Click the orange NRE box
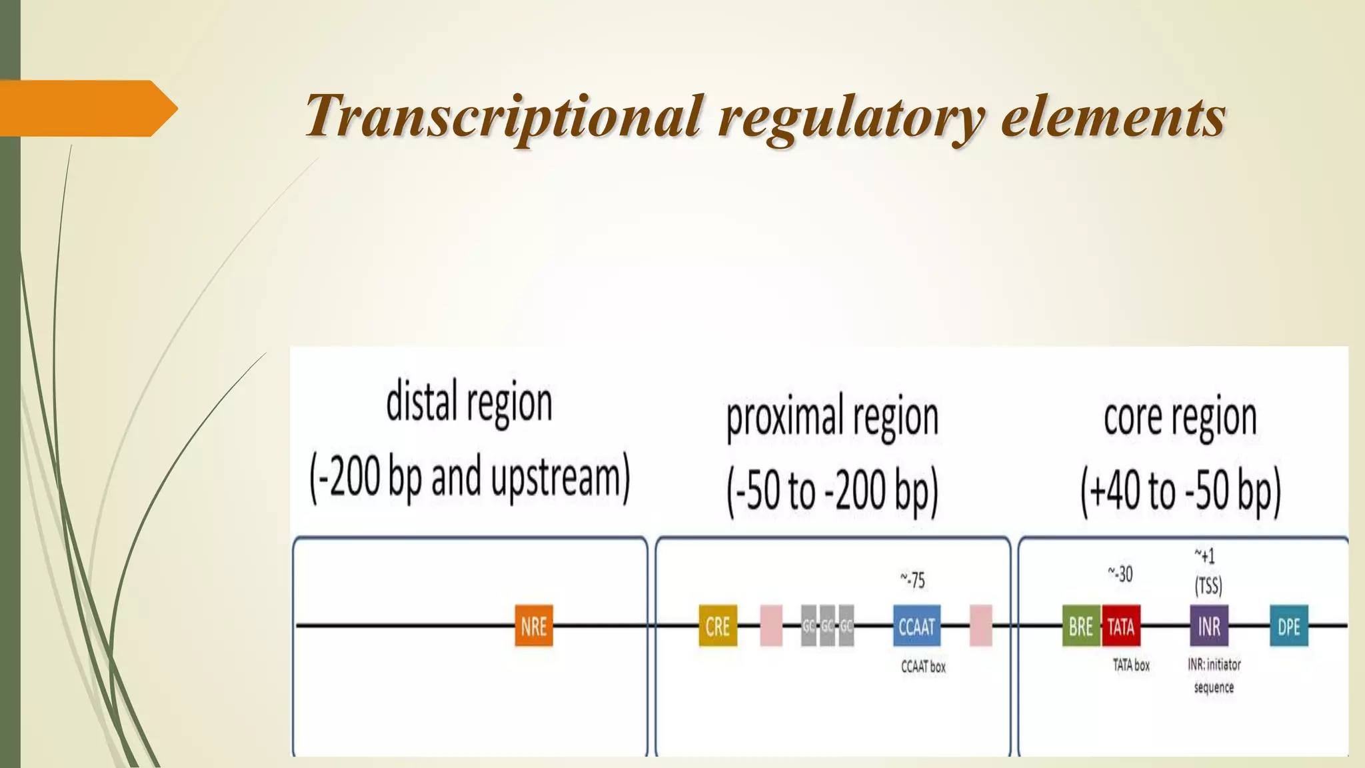[x=534, y=625]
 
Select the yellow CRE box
[x=718, y=625]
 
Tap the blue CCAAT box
[x=916, y=625]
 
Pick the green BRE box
[x=1081, y=625]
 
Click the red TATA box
[x=1121, y=625]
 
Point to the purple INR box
[x=1209, y=625]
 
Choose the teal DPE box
[x=1289, y=625]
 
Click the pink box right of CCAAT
[x=980, y=625]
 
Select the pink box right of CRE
[x=771, y=625]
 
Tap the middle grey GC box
[x=827, y=625]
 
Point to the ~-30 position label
[x=1120, y=573]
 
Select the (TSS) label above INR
[x=1208, y=586]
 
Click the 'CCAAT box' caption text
[x=923, y=667]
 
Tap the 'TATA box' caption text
[x=1131, y=665]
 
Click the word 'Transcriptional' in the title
[x=503, y=115]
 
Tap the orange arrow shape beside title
[x=87, y=108]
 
